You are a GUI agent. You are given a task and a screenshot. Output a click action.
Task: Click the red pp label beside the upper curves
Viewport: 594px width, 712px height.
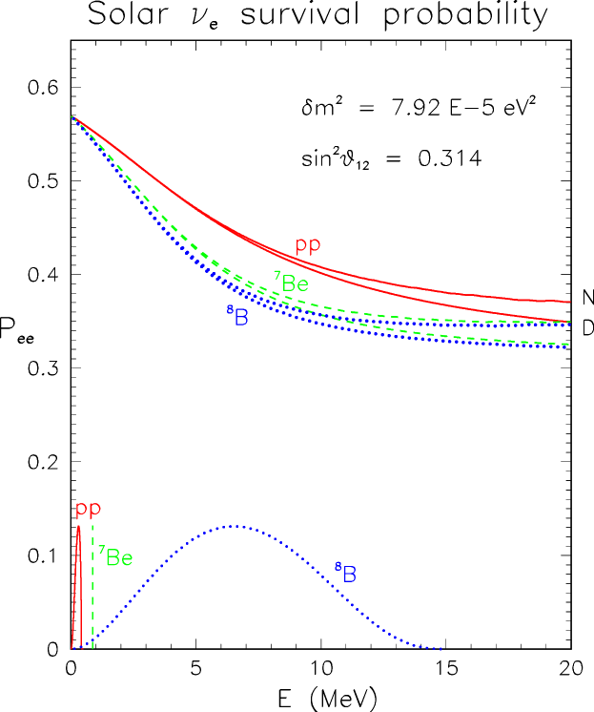pos(308,245)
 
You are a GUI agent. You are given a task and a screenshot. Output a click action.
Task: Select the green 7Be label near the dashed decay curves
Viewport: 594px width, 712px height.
pos(291,283)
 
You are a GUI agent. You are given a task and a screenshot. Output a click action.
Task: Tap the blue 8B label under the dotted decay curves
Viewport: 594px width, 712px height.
pos(237,316)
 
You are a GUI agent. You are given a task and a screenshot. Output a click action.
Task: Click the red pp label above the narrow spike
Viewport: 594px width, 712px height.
pos(89,510)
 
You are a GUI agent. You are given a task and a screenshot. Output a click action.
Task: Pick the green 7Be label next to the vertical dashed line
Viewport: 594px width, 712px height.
pos(115,557)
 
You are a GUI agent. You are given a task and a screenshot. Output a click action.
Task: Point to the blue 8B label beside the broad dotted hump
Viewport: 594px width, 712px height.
pos(346,573)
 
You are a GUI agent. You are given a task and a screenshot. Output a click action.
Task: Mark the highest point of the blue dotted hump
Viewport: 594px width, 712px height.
pos(234,526)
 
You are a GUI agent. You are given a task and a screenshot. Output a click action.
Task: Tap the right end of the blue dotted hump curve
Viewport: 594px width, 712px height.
pos(441,649)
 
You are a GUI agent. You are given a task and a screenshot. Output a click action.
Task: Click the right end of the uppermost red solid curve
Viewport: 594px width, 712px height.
pos(569,302)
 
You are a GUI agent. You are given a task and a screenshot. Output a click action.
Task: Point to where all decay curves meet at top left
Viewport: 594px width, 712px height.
pos(72,117)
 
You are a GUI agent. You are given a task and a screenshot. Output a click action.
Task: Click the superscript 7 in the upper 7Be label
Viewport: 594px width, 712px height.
pos(277,277)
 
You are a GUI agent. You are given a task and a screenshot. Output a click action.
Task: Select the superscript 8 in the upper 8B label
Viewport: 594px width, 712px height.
pos(229,310)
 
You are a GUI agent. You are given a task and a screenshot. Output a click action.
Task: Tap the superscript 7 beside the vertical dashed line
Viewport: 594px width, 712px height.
pos(101,552)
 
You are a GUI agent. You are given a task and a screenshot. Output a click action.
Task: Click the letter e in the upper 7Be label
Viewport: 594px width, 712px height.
pos(302,284)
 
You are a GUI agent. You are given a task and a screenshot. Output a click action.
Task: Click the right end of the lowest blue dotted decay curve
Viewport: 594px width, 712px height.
pos(569,346)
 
